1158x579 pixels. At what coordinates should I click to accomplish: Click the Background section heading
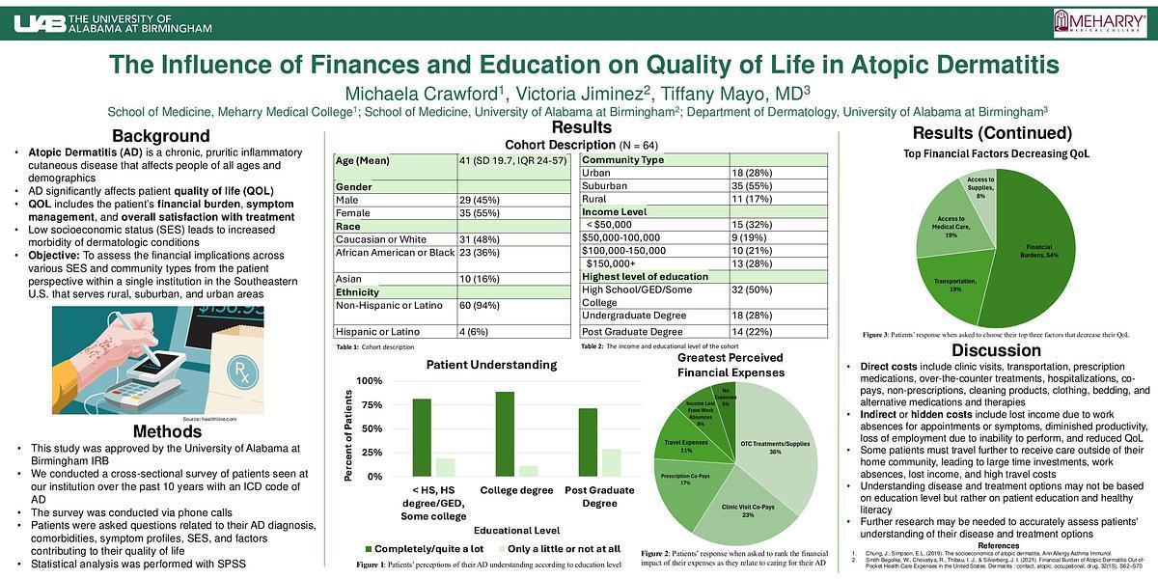tap(161, 136)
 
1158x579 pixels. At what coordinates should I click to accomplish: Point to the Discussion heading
tap(997, 350)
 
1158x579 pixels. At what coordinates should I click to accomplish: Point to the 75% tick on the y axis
tap(370, 405)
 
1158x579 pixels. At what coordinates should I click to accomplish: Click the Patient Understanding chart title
tap(491, 365)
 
